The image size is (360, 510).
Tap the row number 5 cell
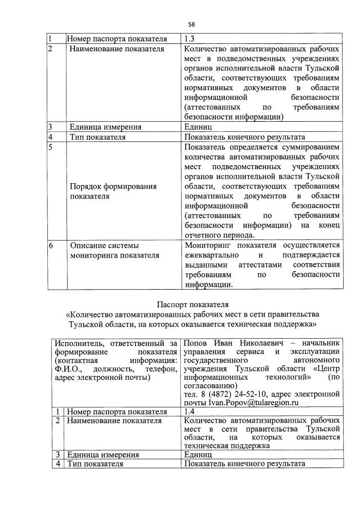pyautogui.click(x=50, y=147)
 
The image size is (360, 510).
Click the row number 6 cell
pyautogui.click(x=50, y=245)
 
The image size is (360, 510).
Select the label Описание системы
pyautogui.click(x=104, y=245)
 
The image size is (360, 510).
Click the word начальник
pyautogui.click(x=320, y=343)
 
